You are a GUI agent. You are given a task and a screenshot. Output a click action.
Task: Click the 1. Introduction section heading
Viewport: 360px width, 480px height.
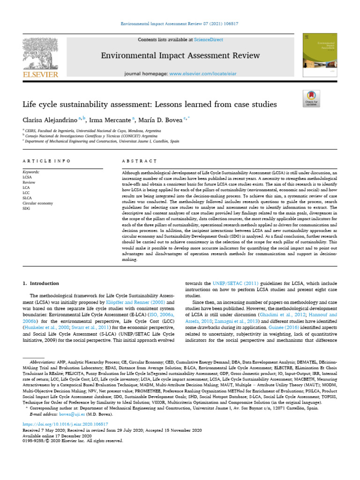[x=41, y=284]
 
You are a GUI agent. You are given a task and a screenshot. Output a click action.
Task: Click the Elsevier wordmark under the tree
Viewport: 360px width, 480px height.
[x=41, y=75]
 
